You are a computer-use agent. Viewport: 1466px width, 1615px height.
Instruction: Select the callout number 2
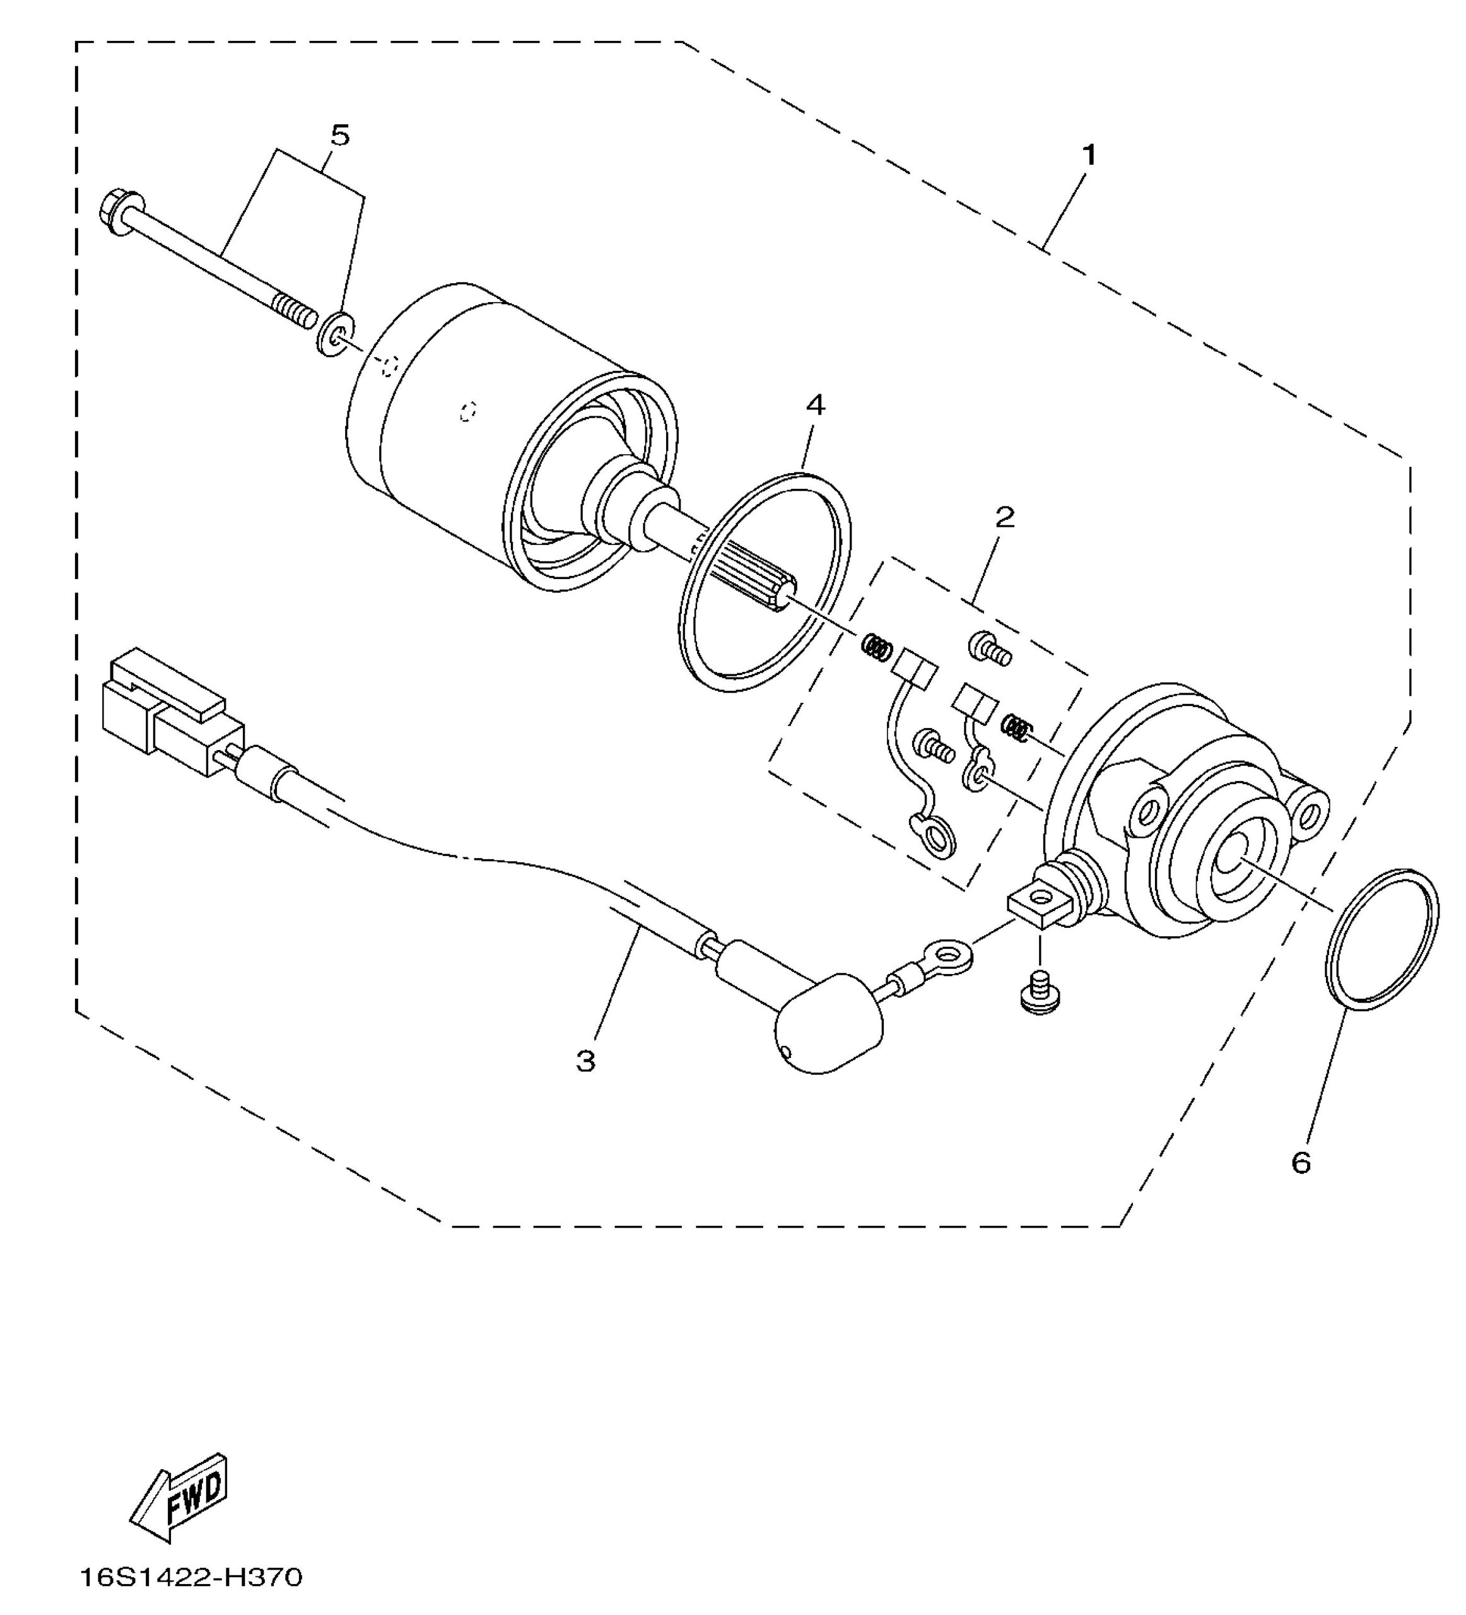click(1005, 517)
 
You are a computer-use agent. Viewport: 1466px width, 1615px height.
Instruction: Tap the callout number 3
click(585, 1062)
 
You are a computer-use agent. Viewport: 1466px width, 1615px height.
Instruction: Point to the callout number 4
click(815, 406)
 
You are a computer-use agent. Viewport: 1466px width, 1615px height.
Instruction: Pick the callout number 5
click(341, 136)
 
